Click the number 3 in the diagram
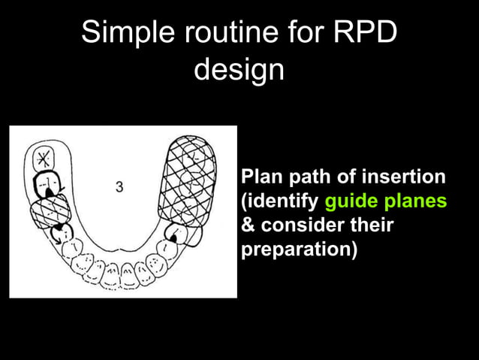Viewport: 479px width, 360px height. tap(119, 186)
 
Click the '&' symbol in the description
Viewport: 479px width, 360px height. tap(247, 225)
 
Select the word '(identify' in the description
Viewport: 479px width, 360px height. tap(280, 201)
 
